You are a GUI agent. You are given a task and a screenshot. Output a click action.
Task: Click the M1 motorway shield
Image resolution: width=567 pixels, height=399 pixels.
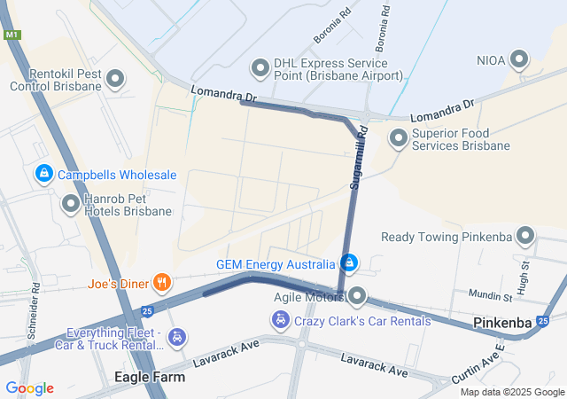coord(12,35)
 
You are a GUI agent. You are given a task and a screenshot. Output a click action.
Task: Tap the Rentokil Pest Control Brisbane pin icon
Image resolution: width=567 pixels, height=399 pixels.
coord(114,81)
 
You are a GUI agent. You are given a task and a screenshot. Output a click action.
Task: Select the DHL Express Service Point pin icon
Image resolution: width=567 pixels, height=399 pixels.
coord(260,67)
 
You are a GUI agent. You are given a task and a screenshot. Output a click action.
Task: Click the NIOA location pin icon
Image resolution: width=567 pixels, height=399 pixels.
coord(520,60)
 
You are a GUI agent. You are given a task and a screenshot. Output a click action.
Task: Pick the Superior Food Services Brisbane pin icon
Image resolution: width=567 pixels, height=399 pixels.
coord(398,138)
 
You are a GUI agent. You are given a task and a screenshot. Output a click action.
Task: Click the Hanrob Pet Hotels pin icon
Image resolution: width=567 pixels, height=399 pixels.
coord(70,205)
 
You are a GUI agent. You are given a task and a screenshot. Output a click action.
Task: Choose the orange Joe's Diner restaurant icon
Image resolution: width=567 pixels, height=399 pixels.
coord(161,284)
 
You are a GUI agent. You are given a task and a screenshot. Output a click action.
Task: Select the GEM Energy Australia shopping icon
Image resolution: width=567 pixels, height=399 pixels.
coord(350,263)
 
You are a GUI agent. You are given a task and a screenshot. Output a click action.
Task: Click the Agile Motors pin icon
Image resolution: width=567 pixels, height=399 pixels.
coord(357,295)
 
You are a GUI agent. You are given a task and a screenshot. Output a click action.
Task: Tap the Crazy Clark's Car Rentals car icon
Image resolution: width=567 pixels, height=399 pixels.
coord(281,320)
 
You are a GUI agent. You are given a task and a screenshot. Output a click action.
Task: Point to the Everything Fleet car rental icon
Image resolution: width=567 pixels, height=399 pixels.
coord(178,337)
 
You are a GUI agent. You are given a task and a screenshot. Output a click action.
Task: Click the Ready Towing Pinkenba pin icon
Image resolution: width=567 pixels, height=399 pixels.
coord(525,237)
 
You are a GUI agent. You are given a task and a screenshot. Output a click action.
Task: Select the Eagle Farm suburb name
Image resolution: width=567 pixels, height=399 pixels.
coord(151,377)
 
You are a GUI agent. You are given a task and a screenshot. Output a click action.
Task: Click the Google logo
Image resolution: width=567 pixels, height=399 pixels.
coord(29,387)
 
